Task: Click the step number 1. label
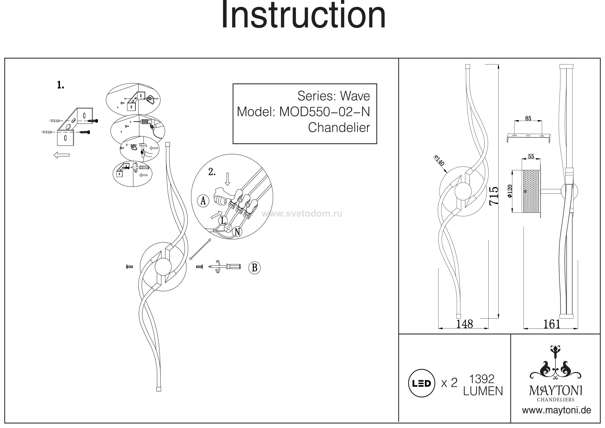click(x=61, y=85)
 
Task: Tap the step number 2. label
click(x=212, y=172)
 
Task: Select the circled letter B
click(x=254, y=268)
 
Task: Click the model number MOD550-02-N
click(x=324, y=112)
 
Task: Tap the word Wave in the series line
click(x=355, y=96)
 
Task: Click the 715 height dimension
click(x=494, y=196)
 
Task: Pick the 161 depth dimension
click(x=552, y=324)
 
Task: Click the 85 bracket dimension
click(x=528, y=118)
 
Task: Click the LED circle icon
click(x=421, y=383)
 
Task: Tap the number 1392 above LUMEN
click(x=482, y=379)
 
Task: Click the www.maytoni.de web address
click(x=557, y=410)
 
